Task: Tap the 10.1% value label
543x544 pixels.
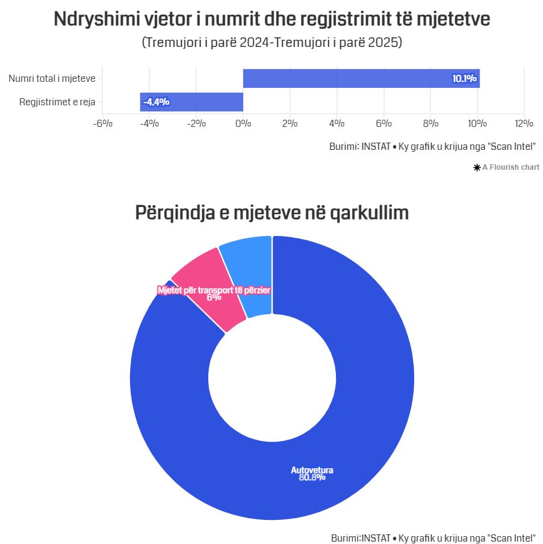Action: pos(464,78)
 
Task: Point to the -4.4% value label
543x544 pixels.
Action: pos(156,102)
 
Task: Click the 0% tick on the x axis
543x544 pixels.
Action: pos(243,123)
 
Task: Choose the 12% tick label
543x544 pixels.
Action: pos(524,123)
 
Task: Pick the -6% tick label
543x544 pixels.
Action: pos(102,123)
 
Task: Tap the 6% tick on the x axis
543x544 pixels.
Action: pos(383,123)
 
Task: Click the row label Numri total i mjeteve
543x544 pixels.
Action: pos(52,78)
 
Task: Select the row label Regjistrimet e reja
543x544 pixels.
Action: pos(57,102)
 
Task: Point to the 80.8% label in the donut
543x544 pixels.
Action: pos(312,478)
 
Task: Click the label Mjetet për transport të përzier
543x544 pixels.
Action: pos(214,290)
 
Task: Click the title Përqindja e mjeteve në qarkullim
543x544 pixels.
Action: pos(271,212)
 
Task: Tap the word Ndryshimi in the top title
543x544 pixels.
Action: pos(90,19)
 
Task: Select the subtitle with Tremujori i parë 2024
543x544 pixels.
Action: pos(271,43)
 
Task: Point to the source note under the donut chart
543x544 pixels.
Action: pos(433,537)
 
